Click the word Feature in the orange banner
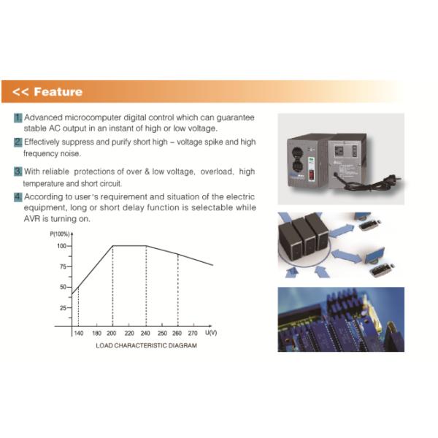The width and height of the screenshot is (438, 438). [x=58, y=92]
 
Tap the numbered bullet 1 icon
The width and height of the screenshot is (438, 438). [x=18, y=118]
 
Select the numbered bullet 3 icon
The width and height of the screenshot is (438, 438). [x=18, y=172]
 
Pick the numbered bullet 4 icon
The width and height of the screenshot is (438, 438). [x=18, y=197]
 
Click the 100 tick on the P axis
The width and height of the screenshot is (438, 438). [x=61, y=246]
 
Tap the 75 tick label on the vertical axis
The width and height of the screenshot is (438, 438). [x=63, y=266]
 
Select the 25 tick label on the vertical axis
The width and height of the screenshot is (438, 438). [x=63, y=308]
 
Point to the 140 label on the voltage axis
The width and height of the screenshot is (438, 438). [x=79, y=333]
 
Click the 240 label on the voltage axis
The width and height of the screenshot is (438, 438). [x=145, y=333]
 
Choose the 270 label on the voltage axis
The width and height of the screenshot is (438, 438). [x=193, y=333]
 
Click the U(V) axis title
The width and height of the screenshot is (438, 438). [x=211, y=332]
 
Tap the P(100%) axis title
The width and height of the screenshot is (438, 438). [x=60, y=234]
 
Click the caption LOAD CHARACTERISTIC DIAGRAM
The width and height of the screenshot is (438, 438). [x=147, y=345]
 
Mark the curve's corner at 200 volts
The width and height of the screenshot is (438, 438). [x=113, y=246]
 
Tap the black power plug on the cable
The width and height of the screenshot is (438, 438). [x=395, y=178]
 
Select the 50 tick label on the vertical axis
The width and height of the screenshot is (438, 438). [x=63, y=287]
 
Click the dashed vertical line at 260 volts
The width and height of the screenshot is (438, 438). [x=178, y=290]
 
